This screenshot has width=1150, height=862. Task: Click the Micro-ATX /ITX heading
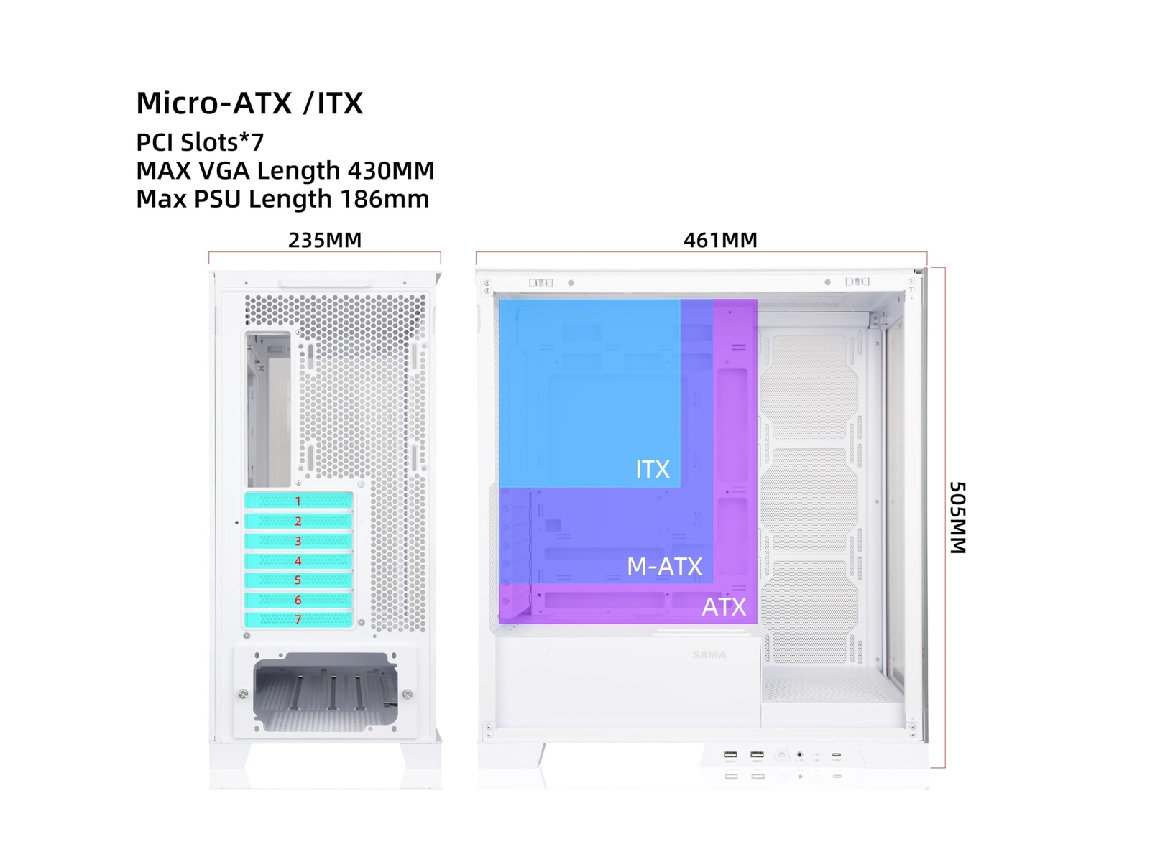pos(249,103)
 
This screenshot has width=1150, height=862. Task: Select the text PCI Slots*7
pos(200,142)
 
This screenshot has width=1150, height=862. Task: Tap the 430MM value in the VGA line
pos(391,171)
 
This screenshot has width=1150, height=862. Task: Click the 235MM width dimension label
pos(325,240)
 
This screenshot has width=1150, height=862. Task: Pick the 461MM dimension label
pos(720,240)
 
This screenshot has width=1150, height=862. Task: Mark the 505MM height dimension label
pos(957,517)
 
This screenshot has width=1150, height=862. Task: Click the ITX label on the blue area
pos(653,469)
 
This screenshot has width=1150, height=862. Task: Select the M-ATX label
pos(664,567)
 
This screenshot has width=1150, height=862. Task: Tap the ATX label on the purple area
pos(724,607)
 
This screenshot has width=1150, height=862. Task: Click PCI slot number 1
pos(298,501)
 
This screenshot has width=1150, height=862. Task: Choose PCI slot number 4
pos(298,561)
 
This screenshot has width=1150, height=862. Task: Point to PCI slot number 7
pos(298,619)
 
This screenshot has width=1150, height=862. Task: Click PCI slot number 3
pos(298,541)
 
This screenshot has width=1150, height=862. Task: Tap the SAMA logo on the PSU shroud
pos(709,654)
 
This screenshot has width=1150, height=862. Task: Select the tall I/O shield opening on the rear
pos(269,409)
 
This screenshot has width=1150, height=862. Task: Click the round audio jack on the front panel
pos(799,755)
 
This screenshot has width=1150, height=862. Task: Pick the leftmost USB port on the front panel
pos(730,754)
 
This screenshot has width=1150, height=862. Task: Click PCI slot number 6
pos(298,600)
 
